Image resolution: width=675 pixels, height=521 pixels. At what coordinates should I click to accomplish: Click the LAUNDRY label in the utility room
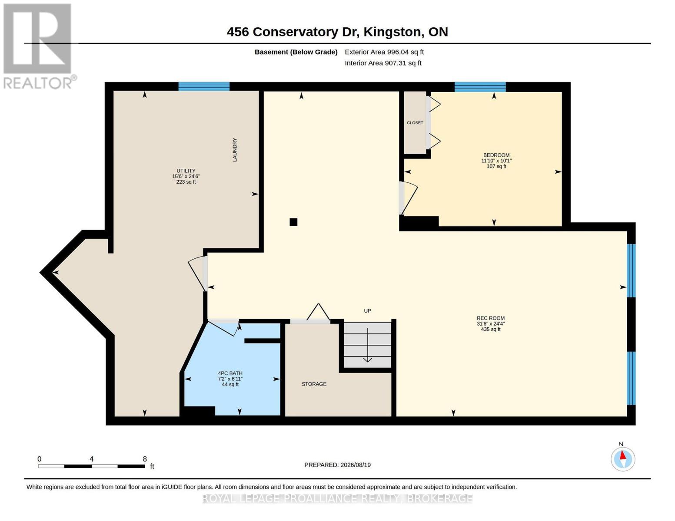pos(235,149)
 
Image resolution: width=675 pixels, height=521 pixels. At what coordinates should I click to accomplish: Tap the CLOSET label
pos(415,123)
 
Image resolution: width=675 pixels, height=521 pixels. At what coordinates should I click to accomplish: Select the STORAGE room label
pos(314,384)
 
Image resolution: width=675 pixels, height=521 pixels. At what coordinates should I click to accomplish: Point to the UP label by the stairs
pos(367,311)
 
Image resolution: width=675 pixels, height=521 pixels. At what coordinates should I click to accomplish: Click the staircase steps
pos(367,345)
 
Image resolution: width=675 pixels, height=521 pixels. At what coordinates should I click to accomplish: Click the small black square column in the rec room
pos(293,222)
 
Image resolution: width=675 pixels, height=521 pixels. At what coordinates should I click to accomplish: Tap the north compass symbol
pos(622,459)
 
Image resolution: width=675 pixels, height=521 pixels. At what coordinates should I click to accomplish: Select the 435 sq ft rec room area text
pos(491,330)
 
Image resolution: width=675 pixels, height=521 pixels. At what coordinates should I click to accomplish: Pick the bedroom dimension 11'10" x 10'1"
pos(496,161)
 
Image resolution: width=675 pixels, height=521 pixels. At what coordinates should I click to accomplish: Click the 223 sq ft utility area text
pos(186,182)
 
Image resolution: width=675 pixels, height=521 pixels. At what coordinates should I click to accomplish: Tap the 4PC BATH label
pos(230,373)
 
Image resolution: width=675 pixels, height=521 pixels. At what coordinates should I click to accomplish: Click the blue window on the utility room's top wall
pos(204,86)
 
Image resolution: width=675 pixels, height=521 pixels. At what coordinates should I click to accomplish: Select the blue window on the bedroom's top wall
pos(480,86)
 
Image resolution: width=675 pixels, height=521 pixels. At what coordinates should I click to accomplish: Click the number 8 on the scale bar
pos(145,459)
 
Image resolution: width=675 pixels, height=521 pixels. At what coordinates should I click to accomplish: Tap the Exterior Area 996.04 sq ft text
pos(384,52)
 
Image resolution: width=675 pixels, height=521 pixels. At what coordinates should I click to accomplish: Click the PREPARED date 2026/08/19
pos(356,465)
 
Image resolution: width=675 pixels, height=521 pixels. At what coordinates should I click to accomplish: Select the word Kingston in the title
pos(392,32)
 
